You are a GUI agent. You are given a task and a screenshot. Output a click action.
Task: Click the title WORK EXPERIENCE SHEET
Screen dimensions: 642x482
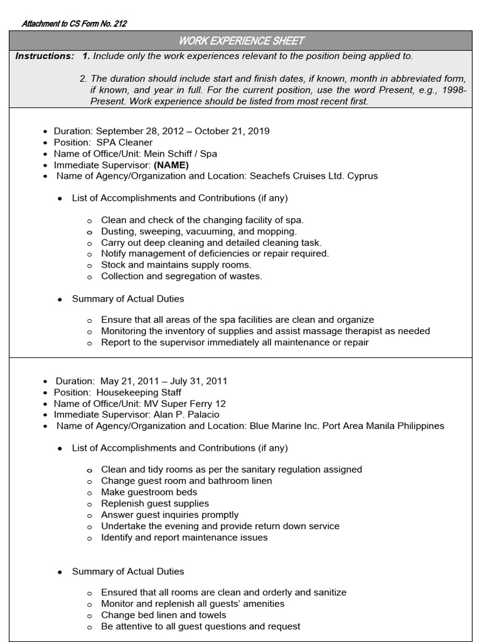242,41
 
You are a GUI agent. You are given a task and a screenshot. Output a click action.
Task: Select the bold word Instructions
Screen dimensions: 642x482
45,56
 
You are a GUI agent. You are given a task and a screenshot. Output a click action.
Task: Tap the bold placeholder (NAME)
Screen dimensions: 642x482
171,165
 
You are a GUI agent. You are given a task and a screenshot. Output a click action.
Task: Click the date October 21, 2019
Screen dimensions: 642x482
232,131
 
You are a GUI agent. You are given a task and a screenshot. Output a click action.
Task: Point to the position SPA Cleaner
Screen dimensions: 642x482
124,142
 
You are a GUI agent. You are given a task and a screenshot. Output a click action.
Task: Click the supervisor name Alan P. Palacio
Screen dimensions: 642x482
175,414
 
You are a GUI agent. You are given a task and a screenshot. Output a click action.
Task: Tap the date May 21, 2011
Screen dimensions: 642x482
126,381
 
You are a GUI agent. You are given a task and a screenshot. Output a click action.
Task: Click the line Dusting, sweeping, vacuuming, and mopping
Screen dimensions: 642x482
199,231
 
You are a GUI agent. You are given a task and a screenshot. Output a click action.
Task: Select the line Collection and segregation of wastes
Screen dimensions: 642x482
181,276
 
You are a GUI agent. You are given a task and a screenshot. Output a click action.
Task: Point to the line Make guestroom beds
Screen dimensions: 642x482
149,492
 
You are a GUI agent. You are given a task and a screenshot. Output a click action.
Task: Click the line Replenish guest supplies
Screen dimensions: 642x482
155,503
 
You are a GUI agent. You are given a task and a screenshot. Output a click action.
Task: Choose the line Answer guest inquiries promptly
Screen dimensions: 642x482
169,515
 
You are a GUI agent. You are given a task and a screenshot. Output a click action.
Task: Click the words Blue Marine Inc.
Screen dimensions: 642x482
280,426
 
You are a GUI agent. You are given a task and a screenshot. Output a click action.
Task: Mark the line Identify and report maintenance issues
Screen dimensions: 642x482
184,537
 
